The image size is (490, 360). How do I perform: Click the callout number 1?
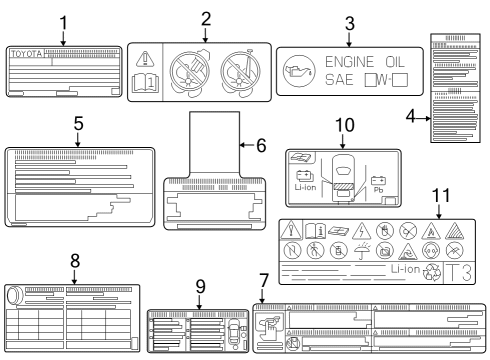point(63,21)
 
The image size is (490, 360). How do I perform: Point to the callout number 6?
point(261,144)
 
